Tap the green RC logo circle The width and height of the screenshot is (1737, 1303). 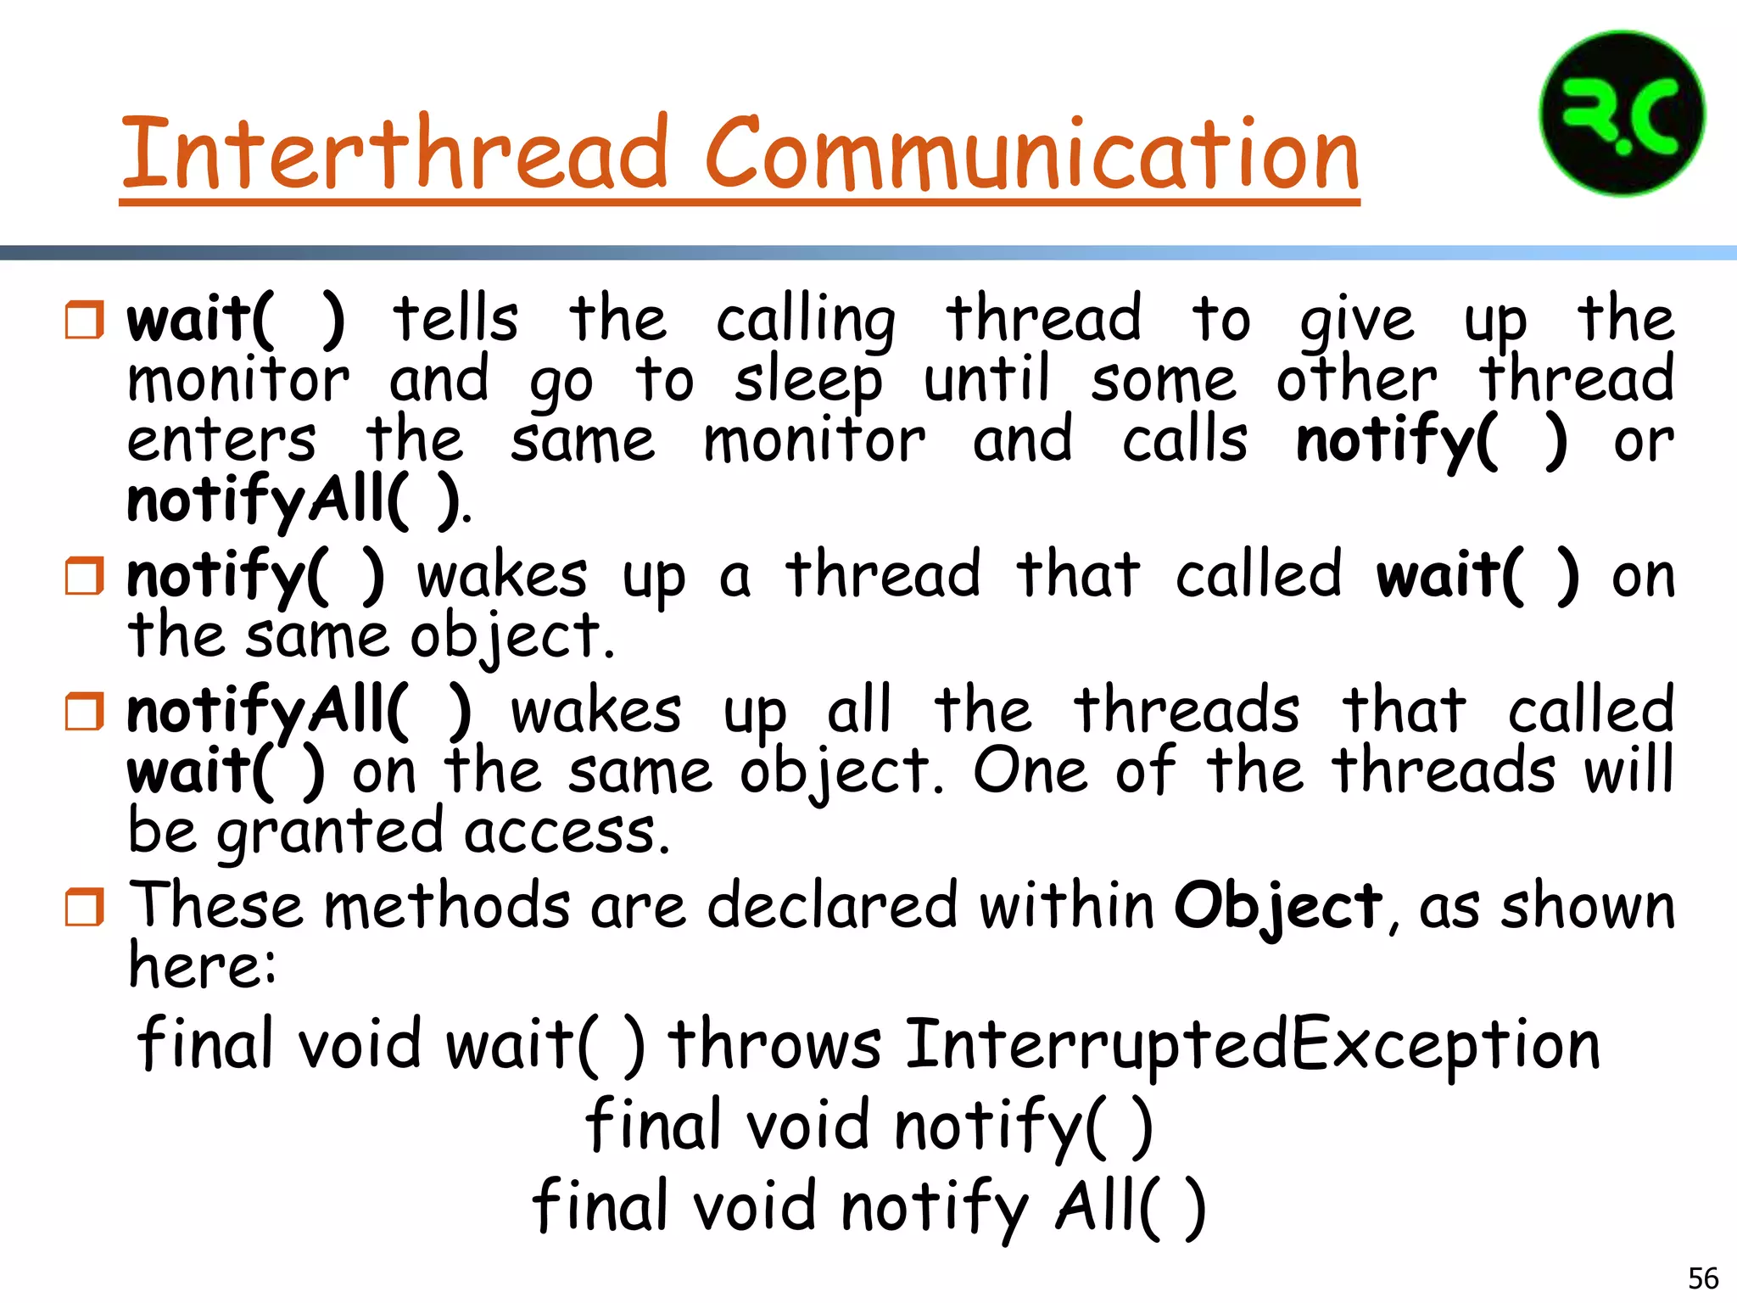pos(1622,115)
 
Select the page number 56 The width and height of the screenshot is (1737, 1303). pos(1703,1278)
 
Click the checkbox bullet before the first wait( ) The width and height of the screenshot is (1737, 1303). pos(85,320)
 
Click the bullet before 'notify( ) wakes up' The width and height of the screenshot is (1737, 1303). pos(85,576)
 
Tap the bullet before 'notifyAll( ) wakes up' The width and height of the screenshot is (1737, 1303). pos(85,711)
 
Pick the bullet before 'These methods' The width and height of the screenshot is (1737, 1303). pos(85,907)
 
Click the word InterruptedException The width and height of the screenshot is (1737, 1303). pos(1253,1045)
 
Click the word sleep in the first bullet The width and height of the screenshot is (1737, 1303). pos(807,382)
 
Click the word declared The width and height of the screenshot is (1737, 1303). pos(832,906)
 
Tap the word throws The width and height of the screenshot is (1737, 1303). pos(774,1045)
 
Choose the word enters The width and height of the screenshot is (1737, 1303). pos(221,441)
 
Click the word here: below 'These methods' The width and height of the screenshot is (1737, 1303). pos(202,966)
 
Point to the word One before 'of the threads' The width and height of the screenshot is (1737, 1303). pos(1030,771)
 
